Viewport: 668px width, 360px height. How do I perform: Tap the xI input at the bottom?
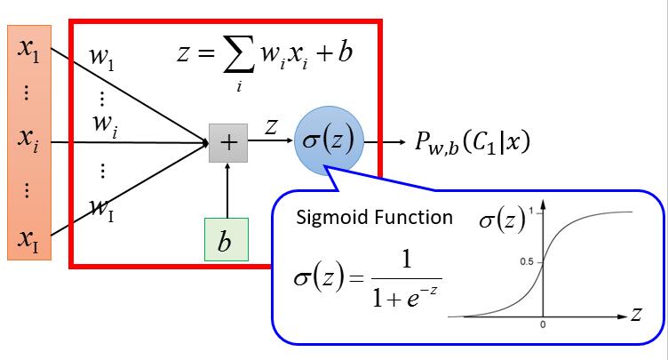(28, 238)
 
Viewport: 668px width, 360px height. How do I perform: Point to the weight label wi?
(104, 124)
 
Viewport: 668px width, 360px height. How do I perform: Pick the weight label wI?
(102, 210)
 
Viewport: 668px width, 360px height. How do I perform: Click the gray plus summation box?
(227, 143)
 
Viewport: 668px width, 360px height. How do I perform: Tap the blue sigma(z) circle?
(328, 141)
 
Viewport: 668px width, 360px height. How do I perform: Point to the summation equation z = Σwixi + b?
(265, 59)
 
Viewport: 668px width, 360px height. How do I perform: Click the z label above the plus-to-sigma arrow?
(274, 127)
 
